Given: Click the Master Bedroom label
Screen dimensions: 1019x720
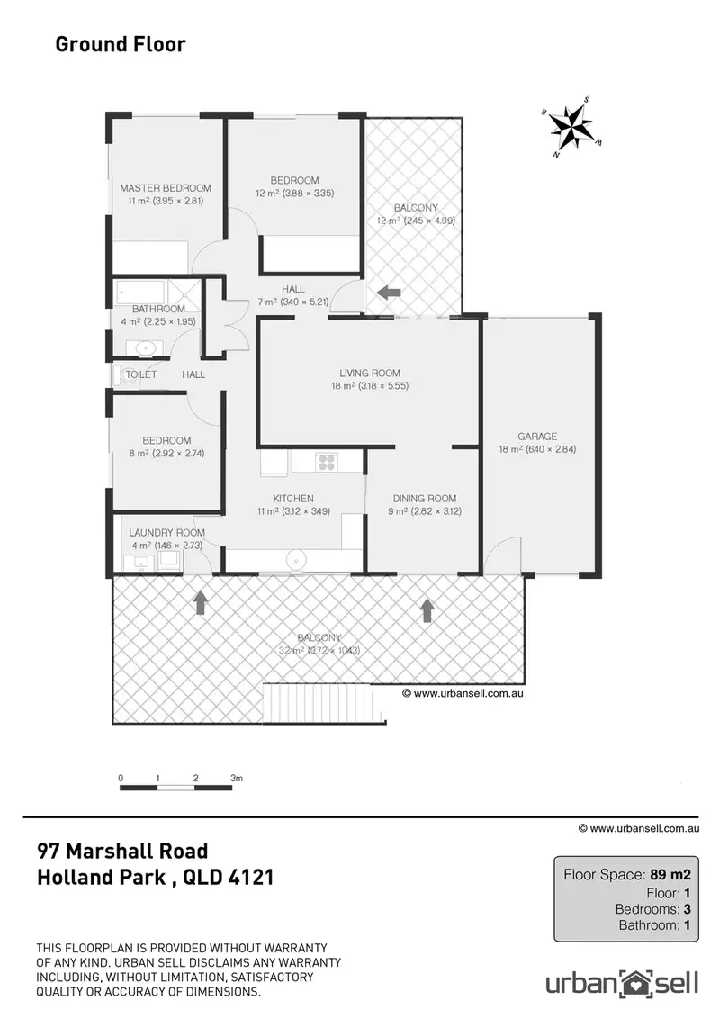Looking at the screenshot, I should pyautogui.click(x=166, y=188).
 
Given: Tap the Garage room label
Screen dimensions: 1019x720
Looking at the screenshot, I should pyautogui.click(x=537, y=436).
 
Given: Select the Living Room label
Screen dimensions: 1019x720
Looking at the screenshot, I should pyautogui.click(x=369, y=374).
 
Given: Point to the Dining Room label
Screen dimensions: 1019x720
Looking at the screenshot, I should pyautogui.click(x=424, y=499).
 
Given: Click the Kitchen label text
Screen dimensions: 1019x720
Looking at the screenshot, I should pyautogui.click(x=293, y=498).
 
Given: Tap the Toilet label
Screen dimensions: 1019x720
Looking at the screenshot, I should pyautogui.click(x=141, y=374).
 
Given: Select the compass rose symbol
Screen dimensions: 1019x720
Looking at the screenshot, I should pyautogui.click(x=570, y=127).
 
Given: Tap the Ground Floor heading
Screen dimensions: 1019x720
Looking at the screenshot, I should pyautogui.click(x=121, y=43).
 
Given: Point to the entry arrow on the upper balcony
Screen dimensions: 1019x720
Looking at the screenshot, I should pyautogui.click(x=389, y=292).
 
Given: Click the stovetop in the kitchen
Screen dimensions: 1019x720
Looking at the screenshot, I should pyautogui.click(x=325, y=463).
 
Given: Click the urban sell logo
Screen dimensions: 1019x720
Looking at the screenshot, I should pyautogui.click(x=622, y=980).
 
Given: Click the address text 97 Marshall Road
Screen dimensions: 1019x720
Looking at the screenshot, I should pyautogui.click(x=122, y=851).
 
